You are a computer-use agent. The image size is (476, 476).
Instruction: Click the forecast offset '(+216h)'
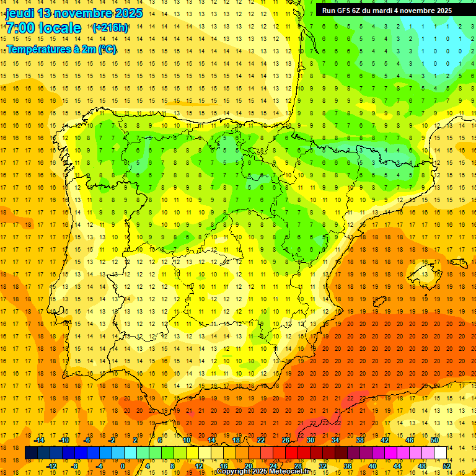coord(110,28)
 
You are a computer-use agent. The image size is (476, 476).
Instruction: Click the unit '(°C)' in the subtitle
coord(106,49)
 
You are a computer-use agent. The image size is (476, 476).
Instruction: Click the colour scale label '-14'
coord(38,440)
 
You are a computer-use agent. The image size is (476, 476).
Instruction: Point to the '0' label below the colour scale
coord(123,465)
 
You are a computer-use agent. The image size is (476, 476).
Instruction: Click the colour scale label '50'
coord(434,440)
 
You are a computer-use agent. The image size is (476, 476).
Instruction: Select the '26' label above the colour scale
coord(286,440)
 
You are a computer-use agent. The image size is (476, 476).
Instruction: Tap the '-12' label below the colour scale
coord(51,465)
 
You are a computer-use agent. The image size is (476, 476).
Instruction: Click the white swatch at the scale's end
coord(440,453)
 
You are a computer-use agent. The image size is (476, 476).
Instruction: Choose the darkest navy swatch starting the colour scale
coord(31,453)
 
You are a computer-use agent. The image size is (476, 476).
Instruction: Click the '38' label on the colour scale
coord(359,440)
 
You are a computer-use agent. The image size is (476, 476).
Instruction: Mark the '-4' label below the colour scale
coord(99,465)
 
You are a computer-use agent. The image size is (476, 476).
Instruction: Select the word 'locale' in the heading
coord(60,28)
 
